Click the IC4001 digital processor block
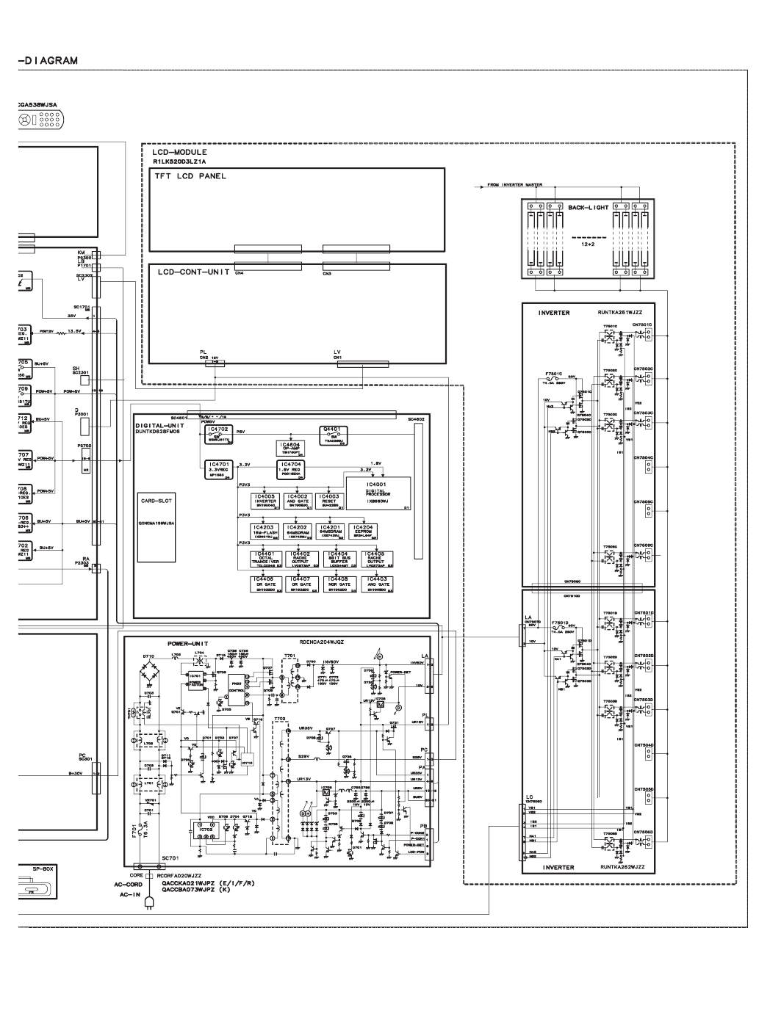pyautogui.click(x=386, y=493)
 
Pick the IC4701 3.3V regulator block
pyautogui.click(x=220, y=468)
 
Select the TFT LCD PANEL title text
pyautogui.click(x=190, y=177)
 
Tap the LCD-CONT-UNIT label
pyautogui.click(x=191, y=272)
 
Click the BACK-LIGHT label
pyautogui.click(x=588, y=208)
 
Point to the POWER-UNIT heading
pyautogui.click(x=188, y=642)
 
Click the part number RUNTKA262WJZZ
pyautogui.click(x=622, y=867)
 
